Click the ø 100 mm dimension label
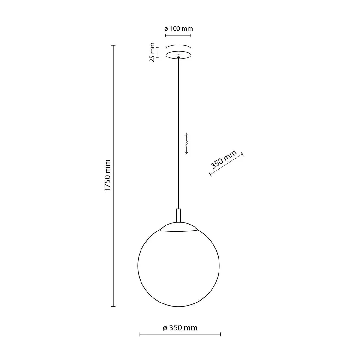178,29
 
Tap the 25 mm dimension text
152,52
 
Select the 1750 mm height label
107,176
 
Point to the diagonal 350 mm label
223,160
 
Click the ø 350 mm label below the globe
180,327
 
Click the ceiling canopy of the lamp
178,52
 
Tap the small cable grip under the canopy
178,56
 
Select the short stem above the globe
178,215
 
